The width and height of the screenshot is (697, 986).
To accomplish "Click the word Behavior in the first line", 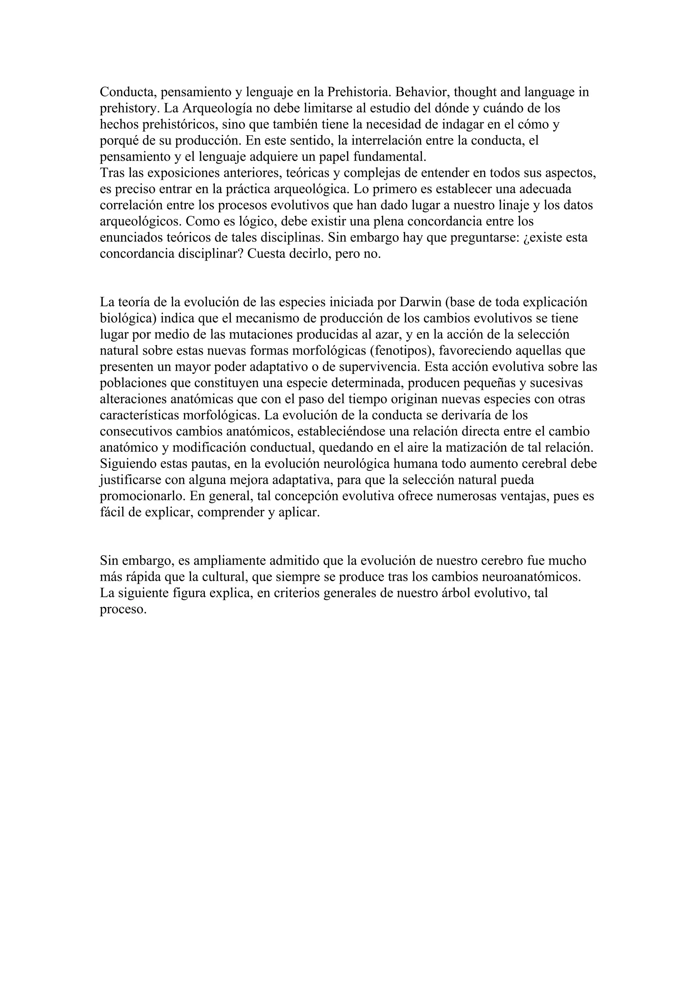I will click(422, 92).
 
